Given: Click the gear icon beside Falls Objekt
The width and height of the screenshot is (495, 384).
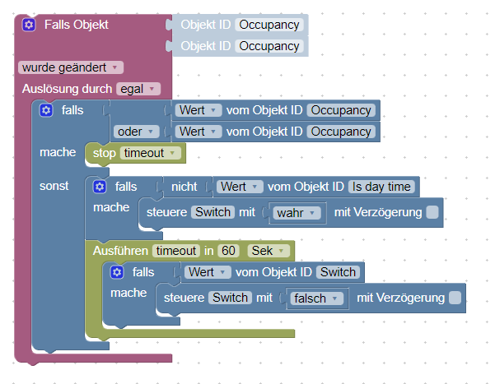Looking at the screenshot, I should point(29,25).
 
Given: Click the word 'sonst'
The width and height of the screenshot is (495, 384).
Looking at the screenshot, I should point(54,186).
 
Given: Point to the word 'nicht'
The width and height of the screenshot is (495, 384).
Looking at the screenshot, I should point(184,187).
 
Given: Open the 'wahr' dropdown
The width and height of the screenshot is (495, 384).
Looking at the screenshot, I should point(295,213).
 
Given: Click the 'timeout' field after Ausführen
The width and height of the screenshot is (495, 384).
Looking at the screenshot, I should point(175,251).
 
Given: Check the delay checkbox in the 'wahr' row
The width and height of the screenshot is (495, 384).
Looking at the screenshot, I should point(432,213).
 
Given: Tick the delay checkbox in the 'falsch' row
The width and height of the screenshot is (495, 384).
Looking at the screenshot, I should point(455,298).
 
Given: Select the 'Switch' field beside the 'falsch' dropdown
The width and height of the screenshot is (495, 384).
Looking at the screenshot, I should point(230,298).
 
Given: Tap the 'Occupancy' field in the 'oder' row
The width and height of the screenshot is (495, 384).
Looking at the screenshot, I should point(341,132).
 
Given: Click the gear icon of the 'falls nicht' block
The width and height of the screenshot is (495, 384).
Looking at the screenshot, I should point(100,187).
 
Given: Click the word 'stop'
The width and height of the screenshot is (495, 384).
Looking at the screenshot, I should point(105,153).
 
